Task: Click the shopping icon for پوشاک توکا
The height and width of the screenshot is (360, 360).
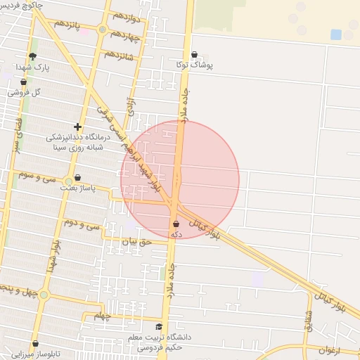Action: pos(195,54)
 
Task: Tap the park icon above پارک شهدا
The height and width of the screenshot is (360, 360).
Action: pos(32,57)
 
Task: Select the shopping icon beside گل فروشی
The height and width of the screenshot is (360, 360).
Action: pos(24,82)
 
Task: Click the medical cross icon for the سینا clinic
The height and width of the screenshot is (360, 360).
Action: pos(77,127)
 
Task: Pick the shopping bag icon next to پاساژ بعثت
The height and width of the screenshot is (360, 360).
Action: pos(77,178)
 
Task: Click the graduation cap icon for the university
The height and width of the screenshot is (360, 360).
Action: pos(159,327)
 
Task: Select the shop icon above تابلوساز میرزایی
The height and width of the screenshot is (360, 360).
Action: pos(35,344)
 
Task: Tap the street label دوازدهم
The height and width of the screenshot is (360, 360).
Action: pos(125,15)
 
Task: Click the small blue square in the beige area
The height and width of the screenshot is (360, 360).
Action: pos(336,34)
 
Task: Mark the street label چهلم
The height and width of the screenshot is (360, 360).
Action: pos(103,316)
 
